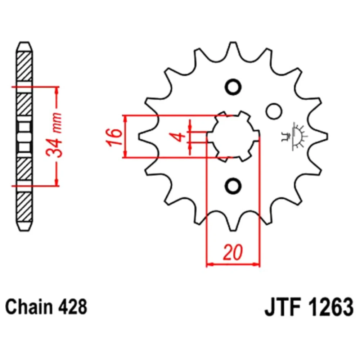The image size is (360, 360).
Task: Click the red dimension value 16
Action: (114, 137)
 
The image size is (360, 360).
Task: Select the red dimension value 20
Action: (233, 253)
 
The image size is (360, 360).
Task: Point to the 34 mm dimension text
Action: (54, 135)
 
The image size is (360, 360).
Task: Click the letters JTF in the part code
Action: (283, 307)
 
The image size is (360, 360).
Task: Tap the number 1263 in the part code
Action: (331, 307)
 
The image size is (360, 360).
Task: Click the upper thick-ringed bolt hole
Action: (233, 87)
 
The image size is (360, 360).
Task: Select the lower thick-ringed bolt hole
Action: (233, 185)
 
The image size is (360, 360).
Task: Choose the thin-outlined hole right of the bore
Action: (274, 111)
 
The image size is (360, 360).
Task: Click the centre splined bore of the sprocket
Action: (233, 136)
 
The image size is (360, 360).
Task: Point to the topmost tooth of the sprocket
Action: (233, 49)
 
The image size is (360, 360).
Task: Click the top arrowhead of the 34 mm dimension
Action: (57, 91)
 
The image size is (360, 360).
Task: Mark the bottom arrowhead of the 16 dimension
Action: (125, 154)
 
